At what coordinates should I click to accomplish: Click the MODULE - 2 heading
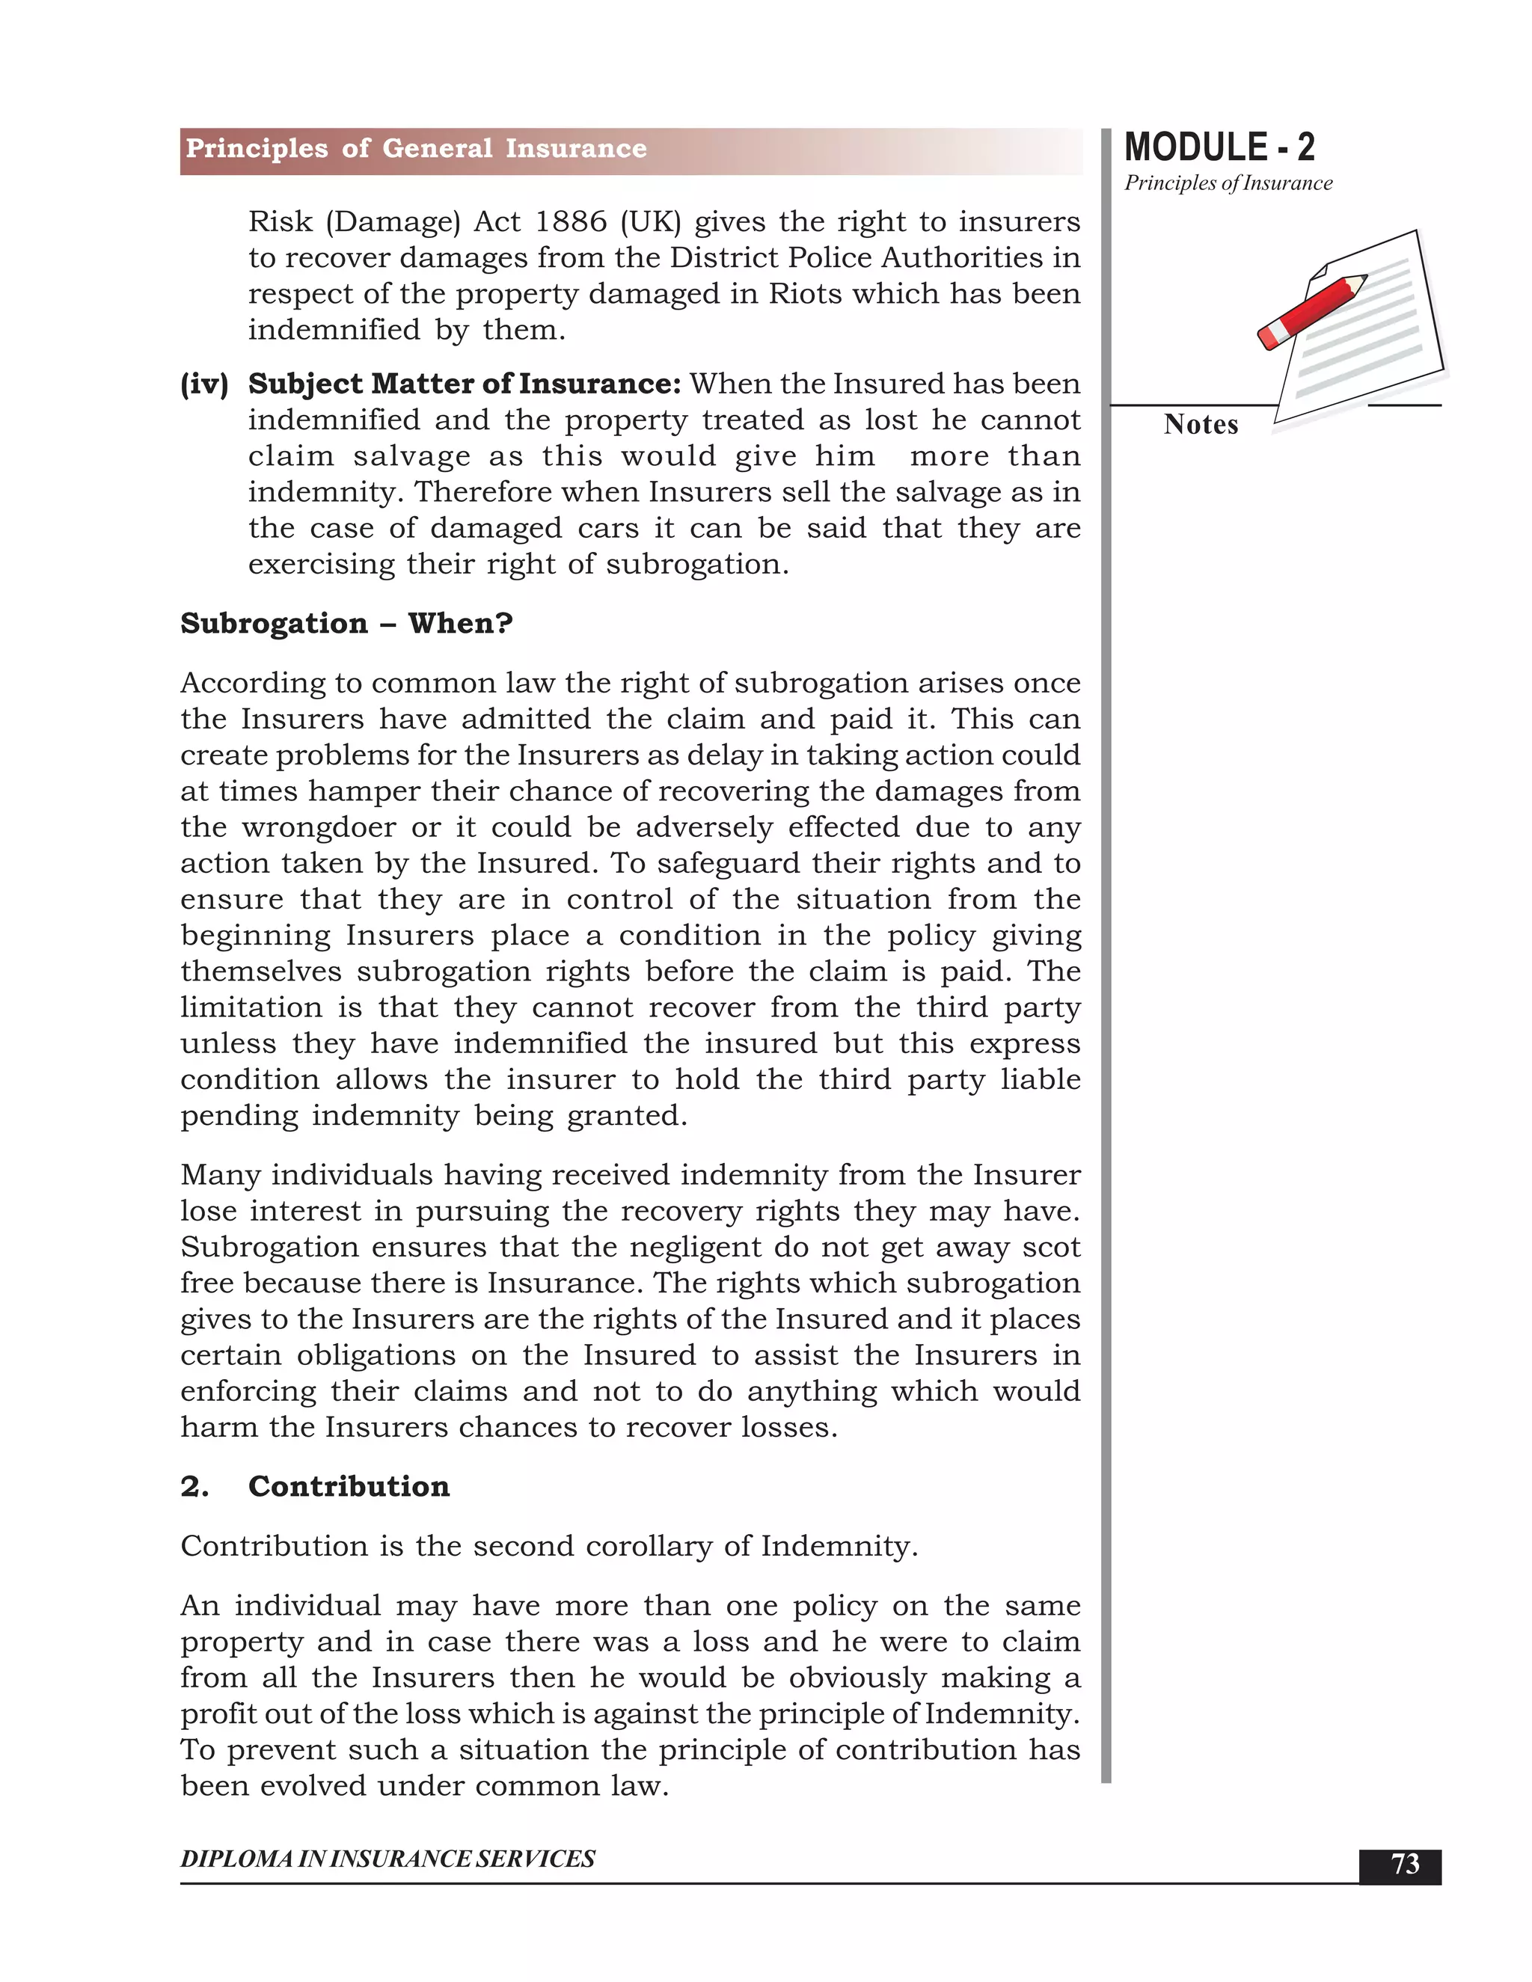click(x=1218, y=147)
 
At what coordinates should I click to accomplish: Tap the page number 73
click(x=1404, y=1864)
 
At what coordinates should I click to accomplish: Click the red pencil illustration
click(x=1311, y=312)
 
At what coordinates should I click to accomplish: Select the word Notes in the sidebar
click(x=1200, y=425)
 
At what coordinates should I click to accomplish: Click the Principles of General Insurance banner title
click(x=416, y=149)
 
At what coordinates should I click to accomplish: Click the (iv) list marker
click(x=204, y=384)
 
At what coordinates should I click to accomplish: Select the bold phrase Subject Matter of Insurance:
click(x=464, y=384)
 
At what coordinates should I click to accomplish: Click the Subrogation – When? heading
click(x=346, y=624)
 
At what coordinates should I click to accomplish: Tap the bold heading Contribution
click(x=349, y=1487)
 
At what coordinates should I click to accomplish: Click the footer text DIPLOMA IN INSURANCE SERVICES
click(x=387, y=1859)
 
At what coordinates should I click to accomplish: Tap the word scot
click(x=1051, y=1247)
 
